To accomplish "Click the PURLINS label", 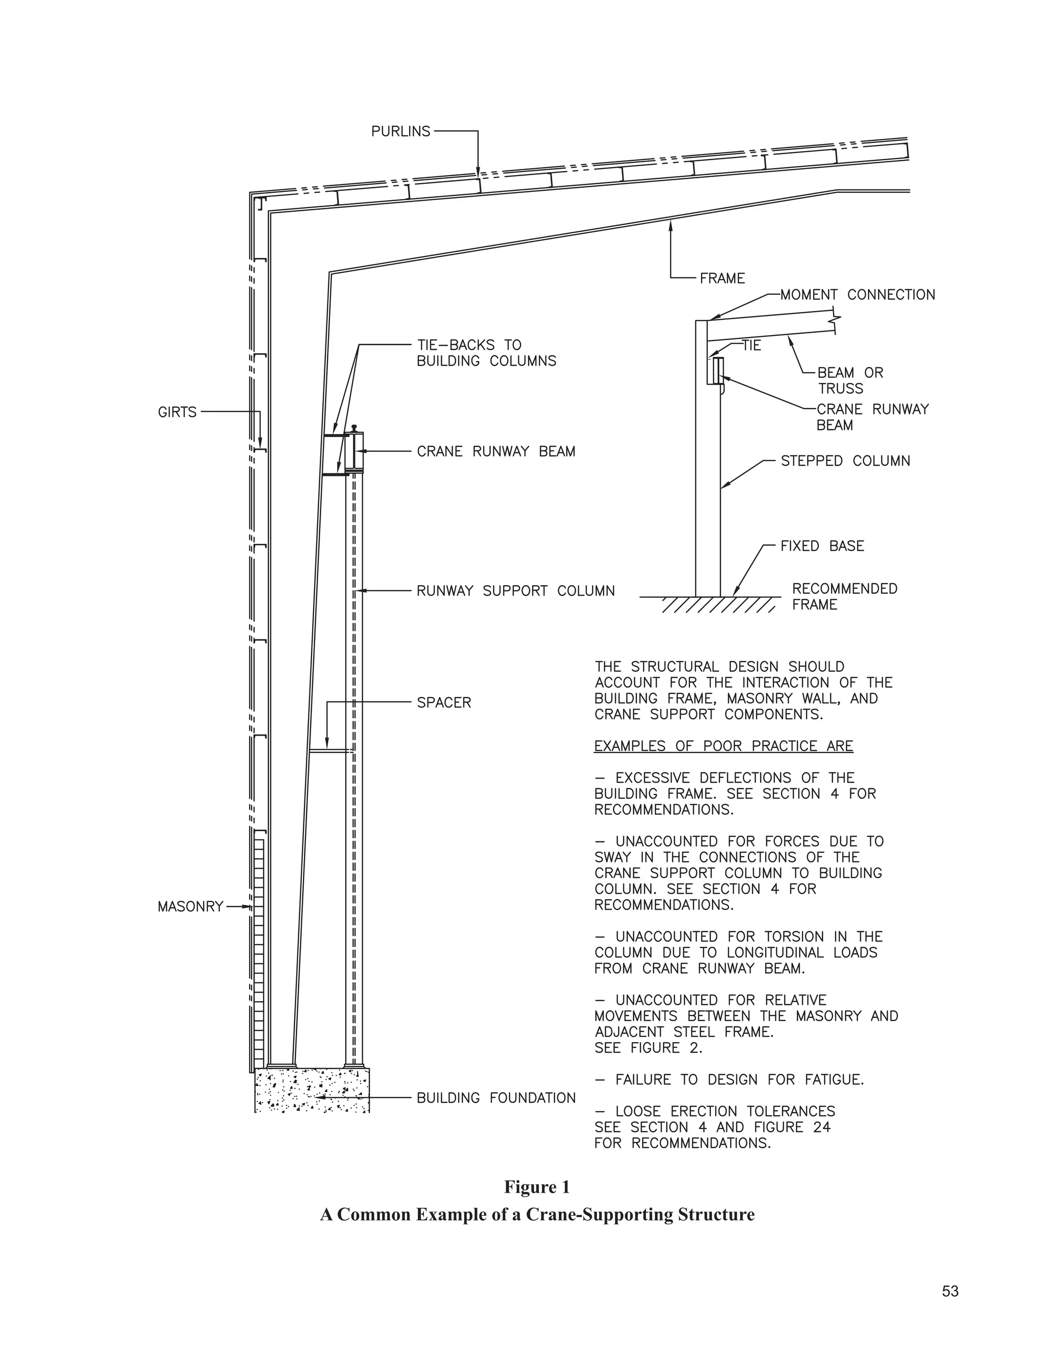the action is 400,131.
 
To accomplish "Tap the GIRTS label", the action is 177,412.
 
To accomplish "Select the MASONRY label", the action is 189,907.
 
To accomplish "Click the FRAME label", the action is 722,279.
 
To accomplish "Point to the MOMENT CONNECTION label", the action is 858,295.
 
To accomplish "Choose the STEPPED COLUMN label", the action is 845,461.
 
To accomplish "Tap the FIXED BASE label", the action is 822,546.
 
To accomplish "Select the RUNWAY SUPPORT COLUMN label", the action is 515,591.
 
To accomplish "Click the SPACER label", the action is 444,703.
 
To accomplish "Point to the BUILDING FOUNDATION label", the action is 496,1098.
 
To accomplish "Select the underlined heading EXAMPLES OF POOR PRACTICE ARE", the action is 723,746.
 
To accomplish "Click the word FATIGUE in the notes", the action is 834,1080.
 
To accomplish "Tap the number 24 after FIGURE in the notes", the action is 821,1127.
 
